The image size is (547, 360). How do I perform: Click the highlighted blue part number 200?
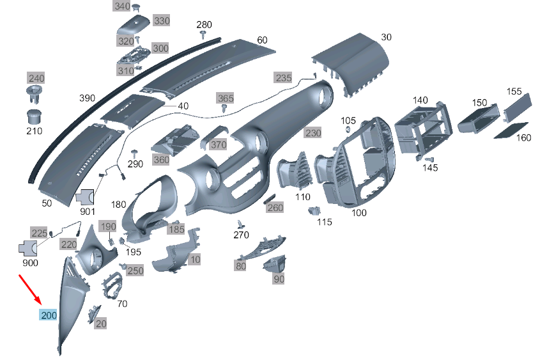49,315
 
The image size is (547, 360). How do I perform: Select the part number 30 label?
386,37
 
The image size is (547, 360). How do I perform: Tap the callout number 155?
514,91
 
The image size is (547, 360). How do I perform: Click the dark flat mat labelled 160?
511,130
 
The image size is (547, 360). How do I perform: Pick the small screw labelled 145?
430,160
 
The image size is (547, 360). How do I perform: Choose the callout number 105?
348,121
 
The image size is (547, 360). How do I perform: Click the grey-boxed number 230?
313,133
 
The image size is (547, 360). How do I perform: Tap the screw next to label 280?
203,34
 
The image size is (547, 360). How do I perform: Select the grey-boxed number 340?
122,6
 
